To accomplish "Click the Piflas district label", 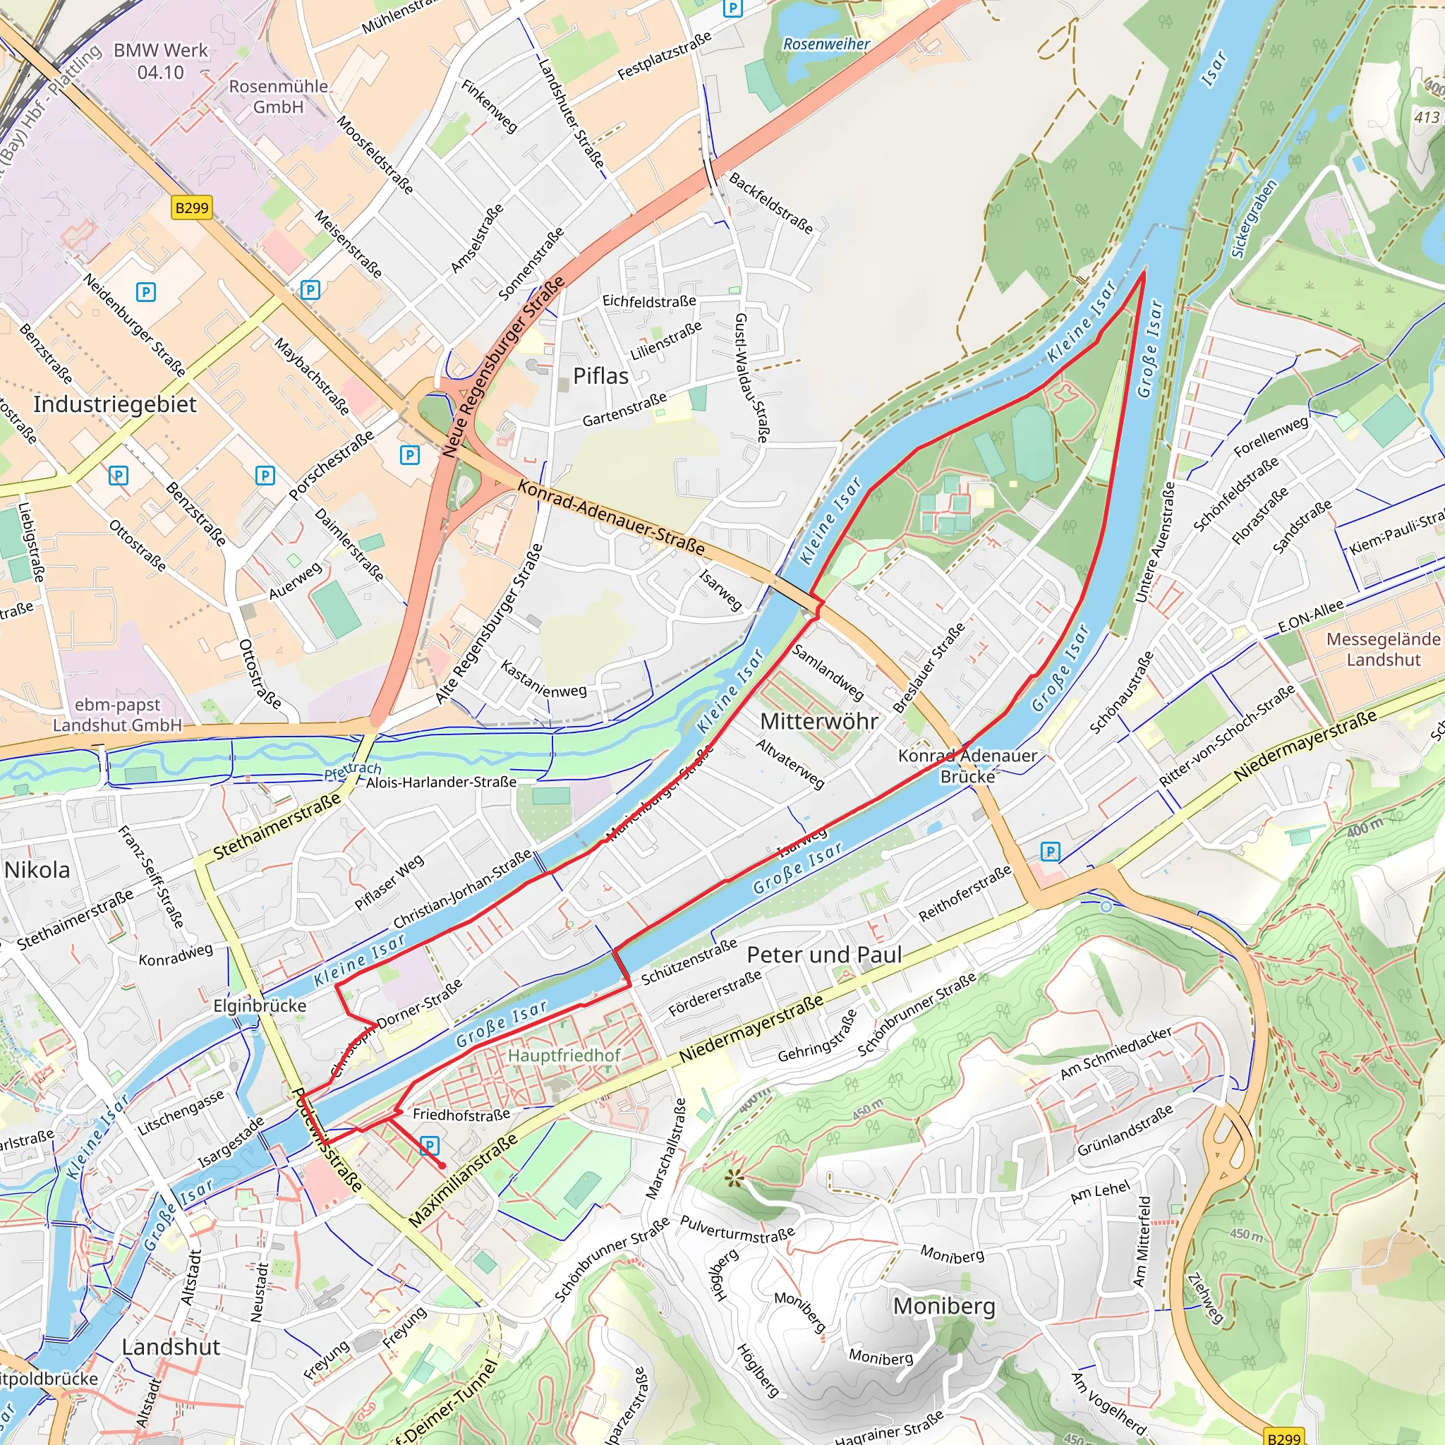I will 600,376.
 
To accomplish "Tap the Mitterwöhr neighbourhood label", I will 819,721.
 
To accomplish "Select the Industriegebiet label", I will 115,404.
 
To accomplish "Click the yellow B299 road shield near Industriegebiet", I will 191,207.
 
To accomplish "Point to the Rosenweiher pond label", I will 826,44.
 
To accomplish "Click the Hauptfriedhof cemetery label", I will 564,1056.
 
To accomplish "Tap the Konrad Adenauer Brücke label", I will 967,766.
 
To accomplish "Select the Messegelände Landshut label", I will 1383,649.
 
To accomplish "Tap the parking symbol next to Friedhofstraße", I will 429,1145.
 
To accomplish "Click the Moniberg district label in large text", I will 944,1306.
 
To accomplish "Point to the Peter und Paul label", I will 824,955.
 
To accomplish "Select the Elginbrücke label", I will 260,1005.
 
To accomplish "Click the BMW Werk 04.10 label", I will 161,61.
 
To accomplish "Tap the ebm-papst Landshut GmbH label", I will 117,715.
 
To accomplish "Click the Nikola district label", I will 37,870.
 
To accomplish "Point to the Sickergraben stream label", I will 1254,219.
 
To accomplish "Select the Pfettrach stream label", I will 352,770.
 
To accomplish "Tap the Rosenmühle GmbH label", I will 278,97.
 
